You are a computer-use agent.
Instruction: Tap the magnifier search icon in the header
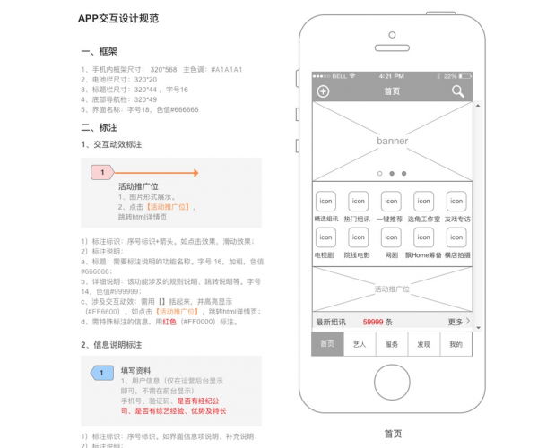457,91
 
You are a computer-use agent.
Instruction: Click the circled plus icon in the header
324,91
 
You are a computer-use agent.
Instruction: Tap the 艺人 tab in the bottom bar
359,344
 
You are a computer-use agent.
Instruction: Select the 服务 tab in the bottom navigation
392,344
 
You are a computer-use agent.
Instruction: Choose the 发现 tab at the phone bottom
424,344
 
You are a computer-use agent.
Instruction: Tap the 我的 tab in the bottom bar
456,344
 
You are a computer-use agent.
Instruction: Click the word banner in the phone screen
392,142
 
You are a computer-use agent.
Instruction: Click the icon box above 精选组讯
325,202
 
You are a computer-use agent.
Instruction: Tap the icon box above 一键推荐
392,202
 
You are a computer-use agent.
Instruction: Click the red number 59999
374,322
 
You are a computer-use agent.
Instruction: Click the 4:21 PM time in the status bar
392,77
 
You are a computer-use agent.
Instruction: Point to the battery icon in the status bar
464,77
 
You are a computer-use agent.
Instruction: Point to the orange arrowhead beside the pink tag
195,172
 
